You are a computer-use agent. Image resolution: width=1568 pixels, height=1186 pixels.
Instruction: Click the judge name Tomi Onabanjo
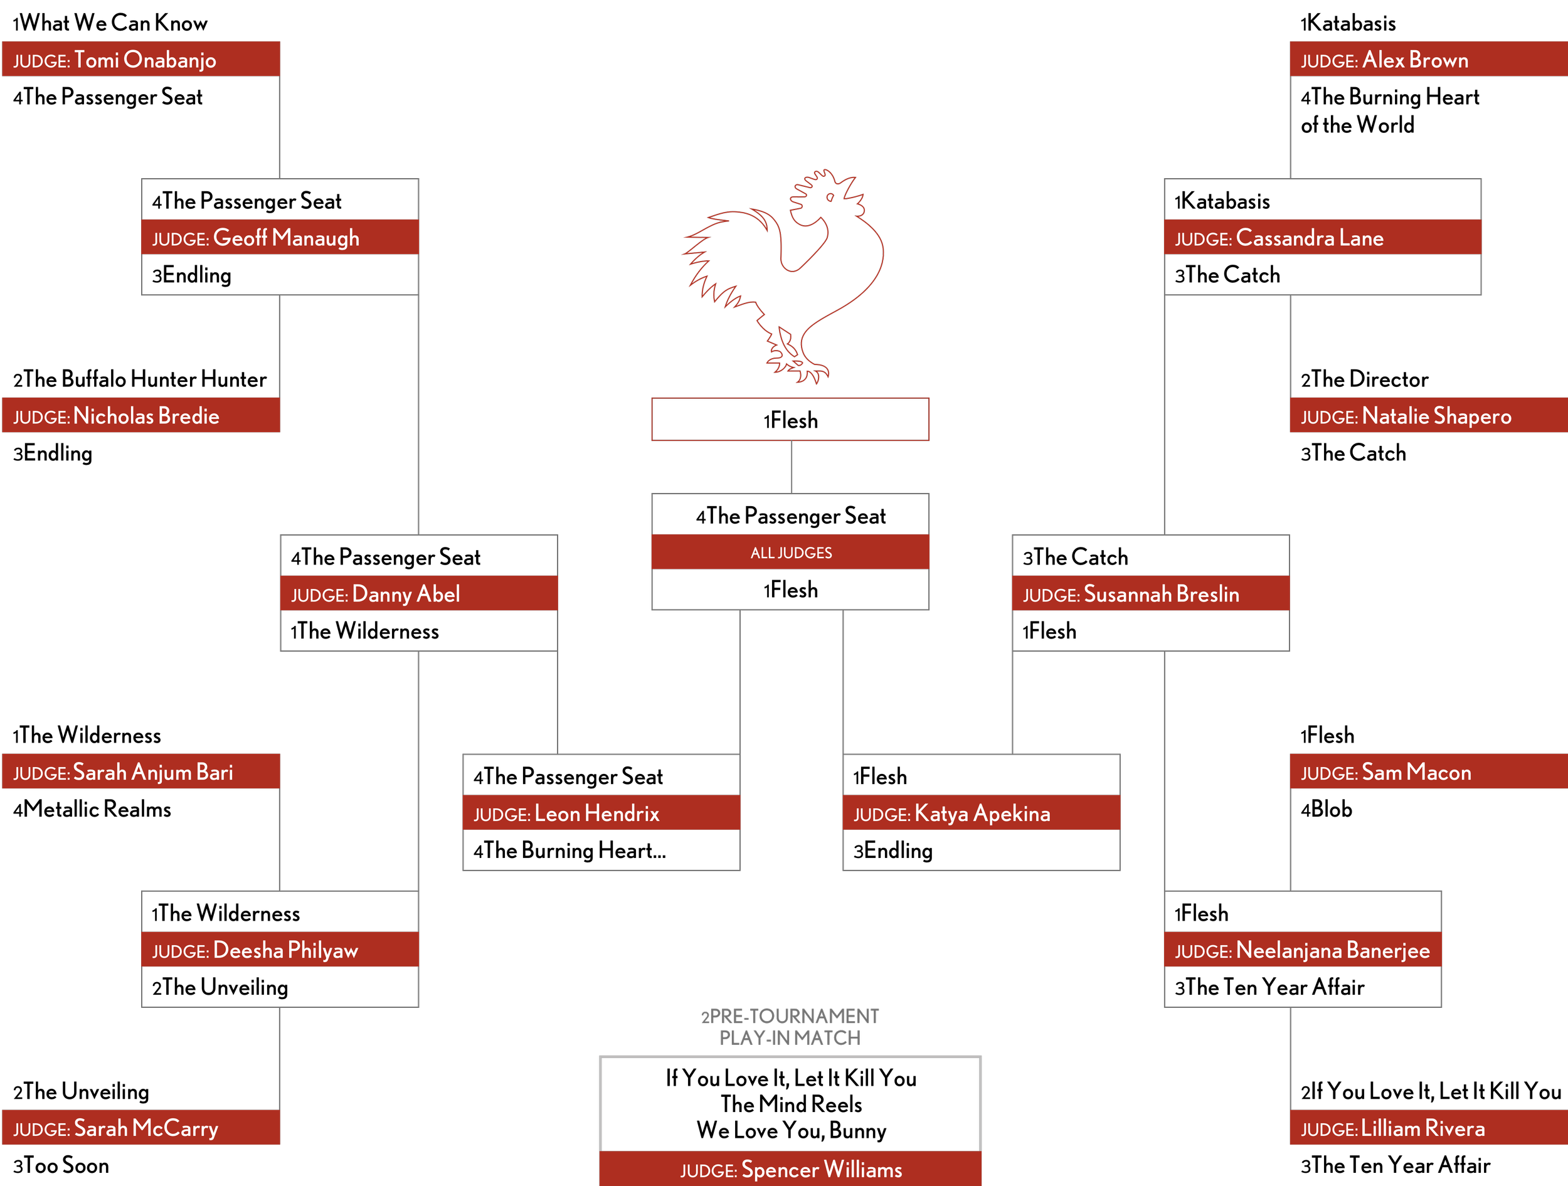(x=145, y=60)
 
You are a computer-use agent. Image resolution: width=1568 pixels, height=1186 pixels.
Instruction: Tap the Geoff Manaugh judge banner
(x=279, y=238)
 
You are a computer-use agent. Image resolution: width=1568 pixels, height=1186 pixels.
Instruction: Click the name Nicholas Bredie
(x=146, y=415)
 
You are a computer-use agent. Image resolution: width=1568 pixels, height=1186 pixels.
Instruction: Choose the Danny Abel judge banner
(x=418, y=593)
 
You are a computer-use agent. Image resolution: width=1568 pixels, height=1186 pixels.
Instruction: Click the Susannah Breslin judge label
(x=1150, y=593)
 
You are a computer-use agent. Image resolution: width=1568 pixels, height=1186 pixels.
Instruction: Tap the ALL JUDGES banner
(x=790, y=553)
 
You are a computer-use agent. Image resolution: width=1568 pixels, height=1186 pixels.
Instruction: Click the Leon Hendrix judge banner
(x=600, y=812)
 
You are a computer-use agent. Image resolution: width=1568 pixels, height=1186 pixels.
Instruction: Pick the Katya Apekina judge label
(x=981, y=812)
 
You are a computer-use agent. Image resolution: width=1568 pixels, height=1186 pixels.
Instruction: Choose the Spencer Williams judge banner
(x=790, y=1169)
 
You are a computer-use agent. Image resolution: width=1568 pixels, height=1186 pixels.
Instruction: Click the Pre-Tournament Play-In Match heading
(x=790, y=1027)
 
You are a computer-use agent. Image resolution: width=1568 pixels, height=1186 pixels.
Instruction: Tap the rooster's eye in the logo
(x=829, y=197)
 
